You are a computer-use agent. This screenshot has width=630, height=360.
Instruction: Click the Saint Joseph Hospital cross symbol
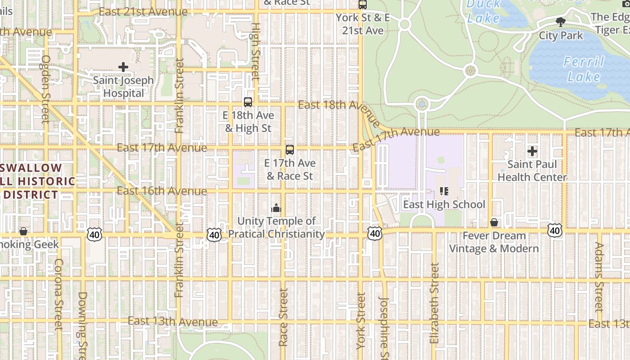[x=123, y=67]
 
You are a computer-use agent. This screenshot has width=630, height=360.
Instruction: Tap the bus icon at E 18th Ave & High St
[x=247, y=102]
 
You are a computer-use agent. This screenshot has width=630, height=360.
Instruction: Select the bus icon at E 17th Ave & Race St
[x=289, y=150]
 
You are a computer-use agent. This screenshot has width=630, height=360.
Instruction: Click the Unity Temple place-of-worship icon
[x=276, y=208]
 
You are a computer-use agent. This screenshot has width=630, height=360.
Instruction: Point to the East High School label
[x=444, y=205]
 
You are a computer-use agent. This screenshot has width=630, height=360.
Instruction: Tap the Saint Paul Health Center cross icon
[x=532, y=151]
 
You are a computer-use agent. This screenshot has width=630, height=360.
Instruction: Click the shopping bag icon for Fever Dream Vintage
[x=494, y=222]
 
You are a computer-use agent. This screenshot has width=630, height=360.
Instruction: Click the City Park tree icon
[x=560, y=22]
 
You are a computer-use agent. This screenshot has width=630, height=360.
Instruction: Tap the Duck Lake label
[x=483, y=12]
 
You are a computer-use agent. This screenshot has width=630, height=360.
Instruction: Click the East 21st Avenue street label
[x=143, y=12]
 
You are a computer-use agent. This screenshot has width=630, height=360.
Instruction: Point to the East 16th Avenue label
[x=162, y=191]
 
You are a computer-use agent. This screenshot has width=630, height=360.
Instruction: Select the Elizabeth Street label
[x=434, y=304]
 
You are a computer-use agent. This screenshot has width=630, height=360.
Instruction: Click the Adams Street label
[x=598, y=277]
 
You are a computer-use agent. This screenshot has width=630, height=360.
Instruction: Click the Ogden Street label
[x=45, y=89]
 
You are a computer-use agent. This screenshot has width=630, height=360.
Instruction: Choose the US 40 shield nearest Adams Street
[x=554, y=230]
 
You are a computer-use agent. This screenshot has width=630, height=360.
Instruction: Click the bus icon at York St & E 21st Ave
[x=362, y=4]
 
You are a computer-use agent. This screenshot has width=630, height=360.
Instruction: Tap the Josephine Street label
[x=383, y=328]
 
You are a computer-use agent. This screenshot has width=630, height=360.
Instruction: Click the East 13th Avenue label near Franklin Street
[x=172, y=322]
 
